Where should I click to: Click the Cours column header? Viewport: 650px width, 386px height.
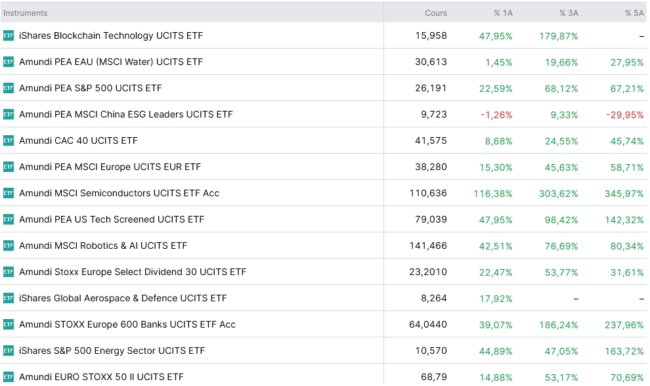(436, 13)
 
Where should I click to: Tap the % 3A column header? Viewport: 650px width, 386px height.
(569, 13)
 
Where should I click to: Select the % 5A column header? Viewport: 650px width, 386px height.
(634, 13)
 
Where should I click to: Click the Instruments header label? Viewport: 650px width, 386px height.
(26, 13)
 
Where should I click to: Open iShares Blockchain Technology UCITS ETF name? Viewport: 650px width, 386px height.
(111, 35)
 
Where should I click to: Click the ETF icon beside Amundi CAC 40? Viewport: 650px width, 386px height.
(9, 140)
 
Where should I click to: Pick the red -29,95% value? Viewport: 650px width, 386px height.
(624, 115)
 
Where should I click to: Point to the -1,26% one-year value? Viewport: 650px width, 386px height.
(496, 115)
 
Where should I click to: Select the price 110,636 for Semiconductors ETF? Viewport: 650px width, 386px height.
(428, 193)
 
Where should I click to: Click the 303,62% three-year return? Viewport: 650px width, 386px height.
(558, 194)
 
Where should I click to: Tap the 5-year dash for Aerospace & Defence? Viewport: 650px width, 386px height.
(641, 299)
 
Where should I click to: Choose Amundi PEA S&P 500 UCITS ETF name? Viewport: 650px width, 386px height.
(91, 88)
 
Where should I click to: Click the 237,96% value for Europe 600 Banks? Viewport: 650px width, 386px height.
(624, 325)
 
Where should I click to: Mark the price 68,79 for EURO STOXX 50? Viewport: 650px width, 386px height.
(434, 377)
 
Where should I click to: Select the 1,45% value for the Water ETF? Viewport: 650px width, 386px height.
(499, 62)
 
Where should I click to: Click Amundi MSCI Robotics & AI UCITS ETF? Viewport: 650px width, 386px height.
(103, 246)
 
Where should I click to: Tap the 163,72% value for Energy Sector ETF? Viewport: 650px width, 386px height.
(624, 351)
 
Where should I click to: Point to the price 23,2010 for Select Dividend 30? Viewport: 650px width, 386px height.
(428, 272)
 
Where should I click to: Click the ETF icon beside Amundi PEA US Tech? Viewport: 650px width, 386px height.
(9, 219)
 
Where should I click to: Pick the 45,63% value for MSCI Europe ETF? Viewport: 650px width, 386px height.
(561, 167)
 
